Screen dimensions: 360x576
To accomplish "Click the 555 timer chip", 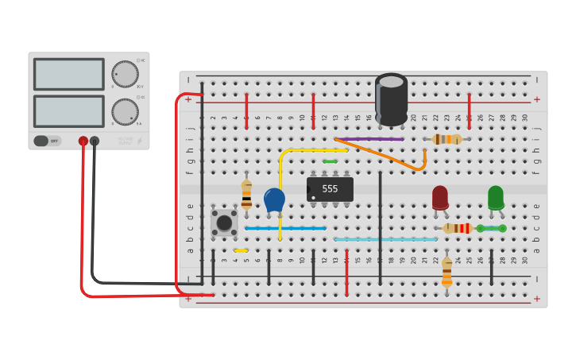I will (330, 189).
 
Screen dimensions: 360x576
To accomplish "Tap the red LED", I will (440, 197).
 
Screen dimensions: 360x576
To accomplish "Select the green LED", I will (496, 196).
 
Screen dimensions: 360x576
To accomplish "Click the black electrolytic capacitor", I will (391, 99).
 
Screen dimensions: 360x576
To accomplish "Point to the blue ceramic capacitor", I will (274, 199).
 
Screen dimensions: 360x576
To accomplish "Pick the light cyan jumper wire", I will (385, 239).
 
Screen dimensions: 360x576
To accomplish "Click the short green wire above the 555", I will (330, 161).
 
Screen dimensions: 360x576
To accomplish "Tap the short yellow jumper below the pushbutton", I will (241, 250).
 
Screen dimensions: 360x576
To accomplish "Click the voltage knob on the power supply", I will (125, 74).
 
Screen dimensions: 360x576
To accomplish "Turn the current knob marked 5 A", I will (125, 111).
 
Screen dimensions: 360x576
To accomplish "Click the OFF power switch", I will (47, 141).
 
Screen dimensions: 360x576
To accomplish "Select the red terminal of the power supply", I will (83, 141).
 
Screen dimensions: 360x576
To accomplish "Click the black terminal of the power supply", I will (95, 141).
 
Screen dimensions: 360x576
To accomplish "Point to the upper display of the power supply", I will (68, 74).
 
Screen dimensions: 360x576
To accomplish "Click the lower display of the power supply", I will (68, 111).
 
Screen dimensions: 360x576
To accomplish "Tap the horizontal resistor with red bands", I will (458, 228).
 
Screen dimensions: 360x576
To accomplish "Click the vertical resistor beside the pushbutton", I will (246, 195).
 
